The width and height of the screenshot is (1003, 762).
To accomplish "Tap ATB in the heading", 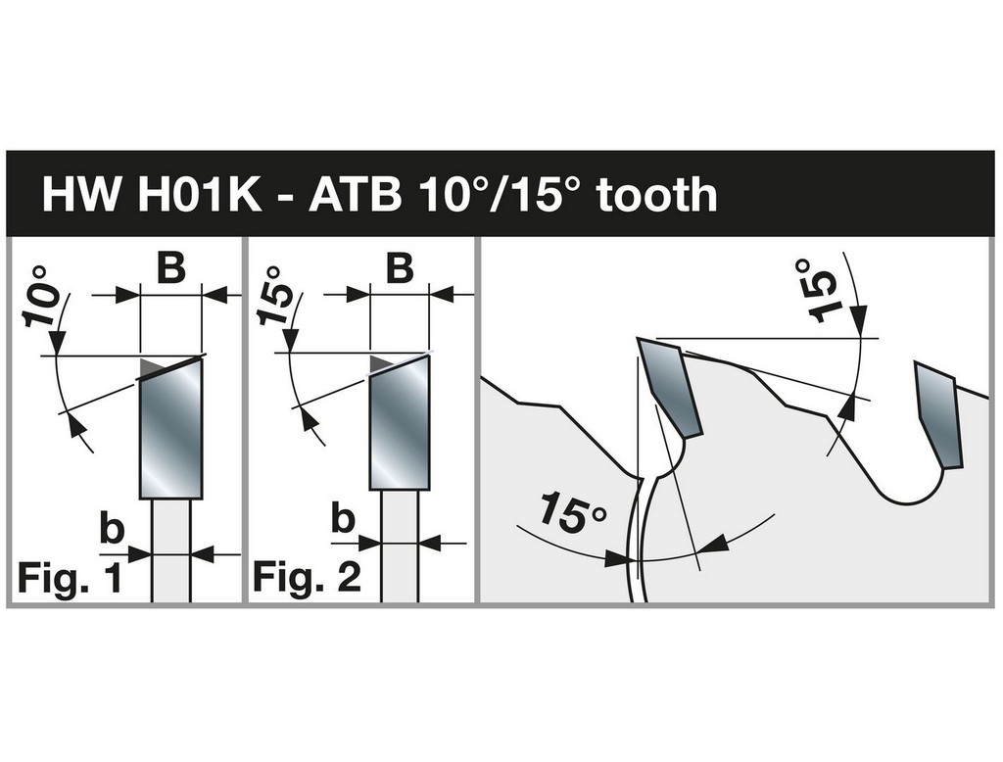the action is click(355, 195).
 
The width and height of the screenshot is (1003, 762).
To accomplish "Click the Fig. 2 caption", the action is click(307, 577).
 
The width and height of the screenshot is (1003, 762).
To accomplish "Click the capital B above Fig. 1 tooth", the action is click(170, 267).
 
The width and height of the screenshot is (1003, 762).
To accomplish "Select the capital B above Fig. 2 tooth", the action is click(401, 268).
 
